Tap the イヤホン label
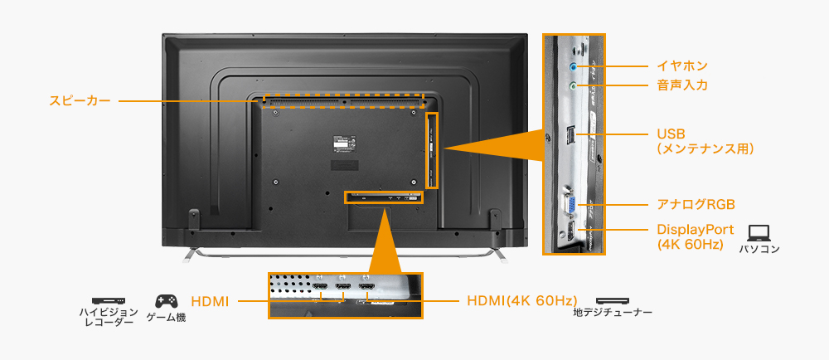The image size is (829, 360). [x=681, y=65]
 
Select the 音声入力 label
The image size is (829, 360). [x=681, y=85]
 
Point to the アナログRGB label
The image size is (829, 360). [x=696, y=204]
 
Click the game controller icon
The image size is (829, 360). [x=166, y=300]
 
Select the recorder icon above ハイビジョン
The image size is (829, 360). [x=108, y=300]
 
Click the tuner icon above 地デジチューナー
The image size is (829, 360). [x=612, y=300]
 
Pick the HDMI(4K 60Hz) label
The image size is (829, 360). [x=521, y=300]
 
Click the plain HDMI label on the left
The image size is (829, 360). [x=210, y=300]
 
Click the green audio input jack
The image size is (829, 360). [x=573, y=85]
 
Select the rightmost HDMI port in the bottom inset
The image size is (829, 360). [x=366, y=289]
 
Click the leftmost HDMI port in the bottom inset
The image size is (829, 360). [x=318, y=289]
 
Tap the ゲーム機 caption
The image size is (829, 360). [x=166, y=318]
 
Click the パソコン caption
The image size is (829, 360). [x=759, y=249]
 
